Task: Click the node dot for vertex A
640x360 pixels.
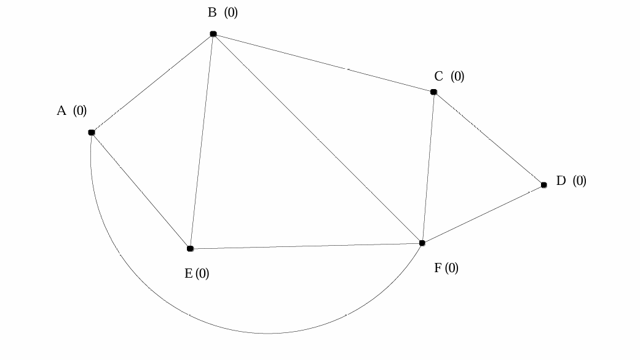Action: tap(92, 132)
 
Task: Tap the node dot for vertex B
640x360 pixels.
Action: tap(213, 34)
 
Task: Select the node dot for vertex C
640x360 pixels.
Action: tap(433, 92)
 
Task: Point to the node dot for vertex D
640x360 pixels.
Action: tap(543, 185)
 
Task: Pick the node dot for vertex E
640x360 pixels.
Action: tap(190, 249)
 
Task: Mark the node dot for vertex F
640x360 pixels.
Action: tap(422, 243)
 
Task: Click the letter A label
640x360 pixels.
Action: tap(61, 111)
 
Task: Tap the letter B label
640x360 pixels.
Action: tap(212, 13)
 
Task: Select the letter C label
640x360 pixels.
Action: tap(438, 77)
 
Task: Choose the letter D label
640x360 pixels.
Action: tap(561, 181)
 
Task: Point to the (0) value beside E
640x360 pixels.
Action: tap(202, 274)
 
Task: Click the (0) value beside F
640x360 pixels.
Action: tap(451, 268)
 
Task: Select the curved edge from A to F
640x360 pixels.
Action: tap(267, 334)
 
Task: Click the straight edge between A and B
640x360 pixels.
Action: tap(152, 83)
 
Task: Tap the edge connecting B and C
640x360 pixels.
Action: tap(323, 63)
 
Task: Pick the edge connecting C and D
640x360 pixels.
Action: tap(489, 139)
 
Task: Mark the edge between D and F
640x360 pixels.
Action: tap(483, 214)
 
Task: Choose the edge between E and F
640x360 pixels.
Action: tap(306, 246)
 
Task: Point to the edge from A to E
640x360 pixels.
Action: tap(141, 190)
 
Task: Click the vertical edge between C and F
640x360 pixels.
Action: tap(428, 168)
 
